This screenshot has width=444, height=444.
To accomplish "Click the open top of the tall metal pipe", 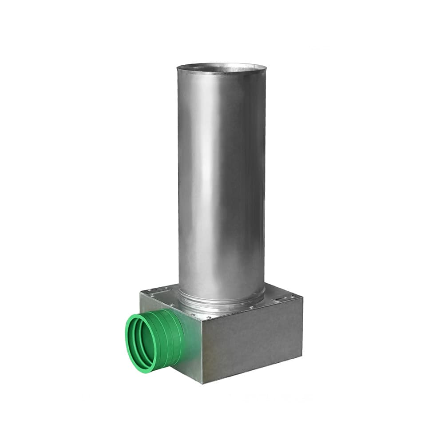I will click(222, 69).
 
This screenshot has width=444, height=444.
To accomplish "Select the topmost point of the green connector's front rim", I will click(138, 314).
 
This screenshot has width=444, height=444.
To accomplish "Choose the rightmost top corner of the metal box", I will click(302, 299).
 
